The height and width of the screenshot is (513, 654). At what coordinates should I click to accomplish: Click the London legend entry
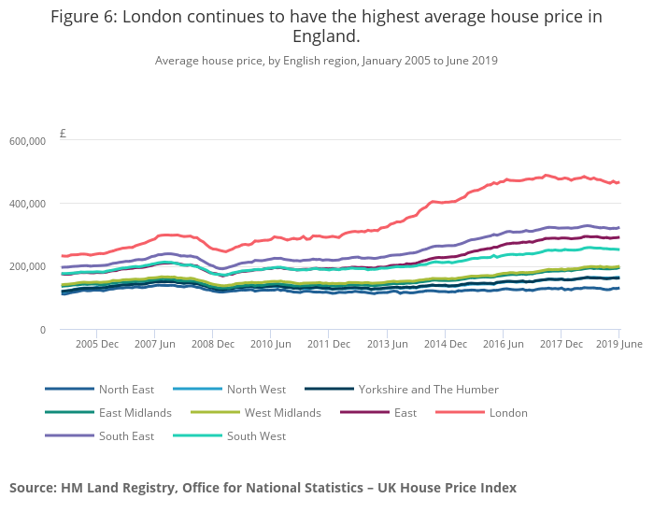coord(506,412)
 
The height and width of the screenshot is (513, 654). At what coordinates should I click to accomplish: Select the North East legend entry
coord(126,389)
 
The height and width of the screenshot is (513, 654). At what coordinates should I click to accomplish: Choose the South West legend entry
coord(256,435)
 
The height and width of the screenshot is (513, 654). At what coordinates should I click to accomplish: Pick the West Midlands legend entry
coord(282,412)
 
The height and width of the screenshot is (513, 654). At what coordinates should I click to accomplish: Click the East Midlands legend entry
coord(135,412)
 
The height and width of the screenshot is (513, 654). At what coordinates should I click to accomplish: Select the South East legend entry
coord(126,435)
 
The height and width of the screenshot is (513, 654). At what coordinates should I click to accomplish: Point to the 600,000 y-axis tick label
coord(28,141)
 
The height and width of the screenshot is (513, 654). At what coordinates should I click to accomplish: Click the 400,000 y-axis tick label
coord(28,204)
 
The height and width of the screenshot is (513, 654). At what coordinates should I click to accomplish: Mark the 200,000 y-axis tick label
coord(28,266)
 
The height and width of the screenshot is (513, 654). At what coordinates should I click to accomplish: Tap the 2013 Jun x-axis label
coord(387,344)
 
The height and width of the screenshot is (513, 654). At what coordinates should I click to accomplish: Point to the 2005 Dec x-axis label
coord(97,344)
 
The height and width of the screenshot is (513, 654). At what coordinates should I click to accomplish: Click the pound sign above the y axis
coord(63,133)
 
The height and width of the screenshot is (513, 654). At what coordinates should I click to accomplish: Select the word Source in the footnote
coord(33,487)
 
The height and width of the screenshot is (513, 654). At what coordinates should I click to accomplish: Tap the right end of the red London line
coord(618,182)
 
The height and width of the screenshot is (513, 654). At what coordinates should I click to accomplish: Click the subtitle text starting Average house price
coord(326,61)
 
